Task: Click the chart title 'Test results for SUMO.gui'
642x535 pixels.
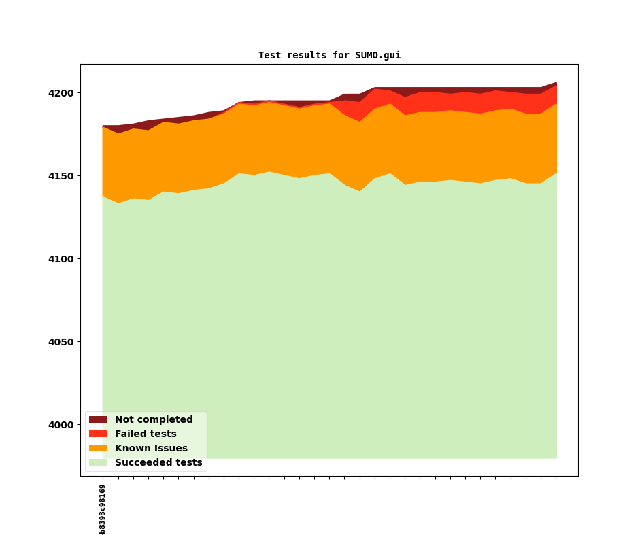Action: point(329,56)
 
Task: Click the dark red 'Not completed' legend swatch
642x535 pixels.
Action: point(98,420)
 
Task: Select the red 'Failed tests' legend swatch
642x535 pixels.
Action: point(98,434)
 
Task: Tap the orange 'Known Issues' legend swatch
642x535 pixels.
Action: point(98,449)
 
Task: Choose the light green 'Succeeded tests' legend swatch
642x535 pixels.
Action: point(98,463)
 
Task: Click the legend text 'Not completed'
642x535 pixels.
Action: point(154,420)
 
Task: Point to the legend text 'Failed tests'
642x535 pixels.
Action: point(146,434)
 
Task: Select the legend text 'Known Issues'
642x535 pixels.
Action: point(151,449)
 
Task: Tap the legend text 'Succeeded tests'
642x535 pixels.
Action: point(158,463)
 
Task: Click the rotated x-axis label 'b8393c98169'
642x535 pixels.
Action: point(103,508)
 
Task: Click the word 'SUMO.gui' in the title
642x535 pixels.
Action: point(377,56)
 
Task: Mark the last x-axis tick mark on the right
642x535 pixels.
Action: point(556,478)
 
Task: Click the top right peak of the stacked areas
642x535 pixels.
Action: point(556,83)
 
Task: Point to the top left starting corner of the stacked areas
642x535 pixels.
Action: point(103,126)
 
